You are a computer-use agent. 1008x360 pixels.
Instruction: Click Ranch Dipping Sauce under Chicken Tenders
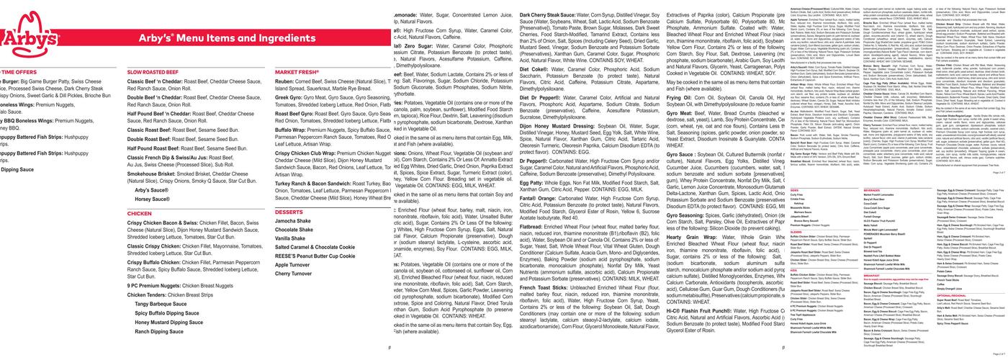coord(159,332)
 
